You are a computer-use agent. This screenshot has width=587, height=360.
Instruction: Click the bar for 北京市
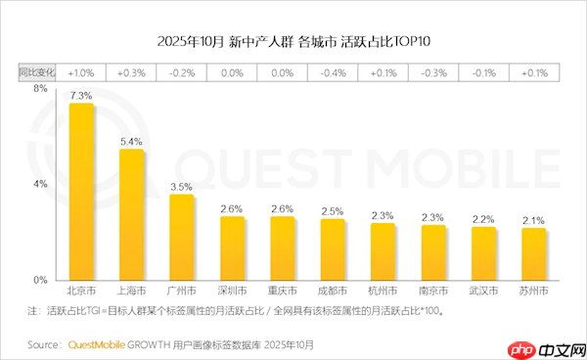coord(81,192)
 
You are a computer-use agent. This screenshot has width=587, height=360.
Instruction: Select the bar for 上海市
coord(131,215)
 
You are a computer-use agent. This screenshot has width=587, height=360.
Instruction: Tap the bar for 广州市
coord(182,238)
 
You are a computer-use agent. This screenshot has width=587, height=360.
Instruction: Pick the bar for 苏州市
coord(534,254)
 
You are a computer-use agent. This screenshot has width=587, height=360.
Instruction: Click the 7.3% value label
coord(81,96)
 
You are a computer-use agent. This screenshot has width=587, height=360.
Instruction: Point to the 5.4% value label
coord(131,142)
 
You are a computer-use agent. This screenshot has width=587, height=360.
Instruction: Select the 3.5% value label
coord(182,186)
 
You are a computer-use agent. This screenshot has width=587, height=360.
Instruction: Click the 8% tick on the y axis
coord(40,89)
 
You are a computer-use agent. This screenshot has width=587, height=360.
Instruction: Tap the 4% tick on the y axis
coord(40,184)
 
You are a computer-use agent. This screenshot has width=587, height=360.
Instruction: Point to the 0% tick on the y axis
coord(40,280)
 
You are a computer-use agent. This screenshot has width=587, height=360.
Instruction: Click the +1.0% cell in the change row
coord(81,72)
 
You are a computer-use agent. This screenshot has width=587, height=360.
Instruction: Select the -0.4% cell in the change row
coord(333,72)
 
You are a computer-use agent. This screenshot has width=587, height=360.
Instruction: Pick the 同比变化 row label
coord(37,72)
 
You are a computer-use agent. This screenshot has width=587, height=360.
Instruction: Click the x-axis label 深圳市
coord(232,292)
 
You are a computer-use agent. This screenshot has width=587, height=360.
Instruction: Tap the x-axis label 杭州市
coord(383,292)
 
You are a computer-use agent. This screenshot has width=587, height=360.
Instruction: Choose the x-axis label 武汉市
coord(483,292)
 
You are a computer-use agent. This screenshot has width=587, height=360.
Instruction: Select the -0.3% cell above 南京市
coord(433,72)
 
